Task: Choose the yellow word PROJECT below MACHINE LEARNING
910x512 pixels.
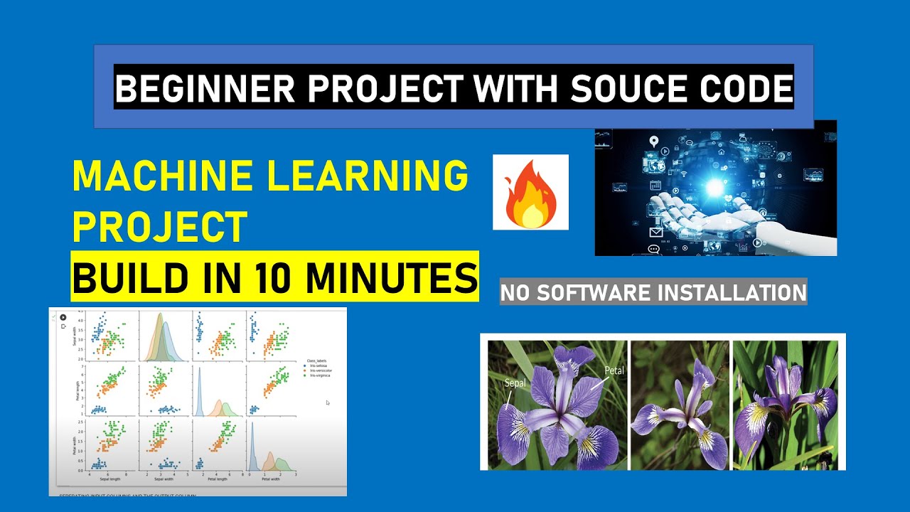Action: (159, 228)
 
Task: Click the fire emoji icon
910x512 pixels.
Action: (530, 193)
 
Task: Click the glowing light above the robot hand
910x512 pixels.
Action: (714, 187)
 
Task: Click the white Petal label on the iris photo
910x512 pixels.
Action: (614, 370)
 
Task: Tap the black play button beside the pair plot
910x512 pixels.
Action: (63, 317)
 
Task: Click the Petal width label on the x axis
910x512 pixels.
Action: (271, 479)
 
